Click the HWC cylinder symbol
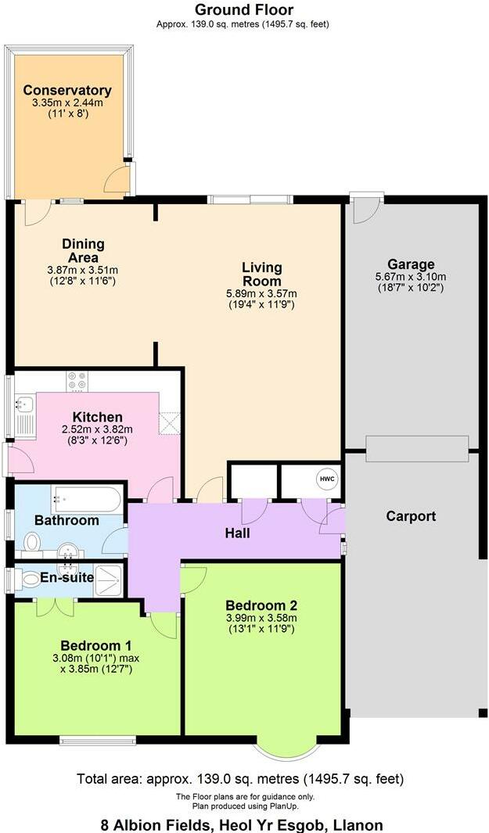(x=325, y=479)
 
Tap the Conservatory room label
(x=67, y=91)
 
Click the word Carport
(x=411, y=516)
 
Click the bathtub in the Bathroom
(x=86, y=497)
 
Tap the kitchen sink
(x=23, y=404)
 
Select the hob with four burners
(x=77, y=380)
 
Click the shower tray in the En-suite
(x=108, y=579)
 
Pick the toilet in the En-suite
(x=30, y=579)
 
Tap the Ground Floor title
(x=243, y=10)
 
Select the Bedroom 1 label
(x=96, y=645)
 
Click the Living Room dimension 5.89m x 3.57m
(x=261, y=294)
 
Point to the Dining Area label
(x=83, y=251)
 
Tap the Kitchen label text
(x=98, y=417)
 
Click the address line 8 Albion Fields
(x=242, y=824)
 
